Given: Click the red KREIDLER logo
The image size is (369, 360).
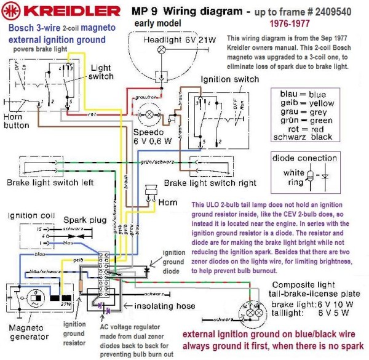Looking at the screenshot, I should [61, 11].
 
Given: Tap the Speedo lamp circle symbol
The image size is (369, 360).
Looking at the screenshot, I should [148, 116].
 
